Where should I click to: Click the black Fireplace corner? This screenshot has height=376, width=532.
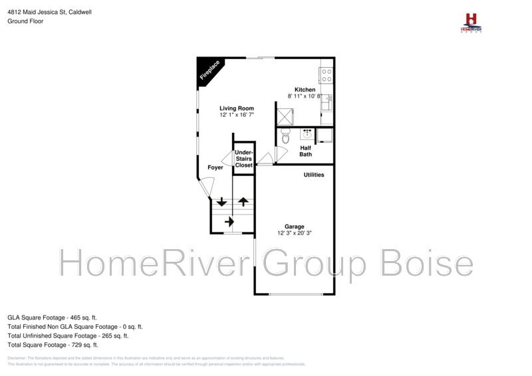click(x=209, y=70)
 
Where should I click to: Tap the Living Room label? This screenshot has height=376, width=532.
click(x=237, y=108)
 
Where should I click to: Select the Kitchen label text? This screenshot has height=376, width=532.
click(x=305, y=90)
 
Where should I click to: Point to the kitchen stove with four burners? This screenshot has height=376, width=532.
click(x=327, y=74)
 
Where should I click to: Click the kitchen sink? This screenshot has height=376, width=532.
click(x=327, y=103)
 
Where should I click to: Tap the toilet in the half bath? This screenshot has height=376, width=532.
click(x=286, y=138)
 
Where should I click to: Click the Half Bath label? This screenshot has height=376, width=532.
click(x=306, y=151)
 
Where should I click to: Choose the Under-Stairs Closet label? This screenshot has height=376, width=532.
click(x=243, y=159)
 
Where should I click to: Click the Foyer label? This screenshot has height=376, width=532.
click(x=215, y=167)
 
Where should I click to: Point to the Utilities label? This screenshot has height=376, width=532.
click(x=314, y=175)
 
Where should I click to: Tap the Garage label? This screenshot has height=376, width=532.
click(x=295, y=226)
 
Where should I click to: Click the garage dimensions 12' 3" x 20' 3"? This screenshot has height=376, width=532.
click(x=295, y=233)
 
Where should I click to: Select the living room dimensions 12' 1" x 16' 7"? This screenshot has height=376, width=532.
click(x=237, y=116)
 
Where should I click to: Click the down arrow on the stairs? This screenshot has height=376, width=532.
click(x=221, y=202)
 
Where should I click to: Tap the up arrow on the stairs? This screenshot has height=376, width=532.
click(x=243, y=201)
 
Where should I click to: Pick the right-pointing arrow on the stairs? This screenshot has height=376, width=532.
click(x=229, y=221)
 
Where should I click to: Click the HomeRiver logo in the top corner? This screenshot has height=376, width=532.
click(x=471, y=23)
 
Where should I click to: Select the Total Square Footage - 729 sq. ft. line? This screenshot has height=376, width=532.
click(x=53, y=345)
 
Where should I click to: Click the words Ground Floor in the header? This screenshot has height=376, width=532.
click(x=25, y=21)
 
